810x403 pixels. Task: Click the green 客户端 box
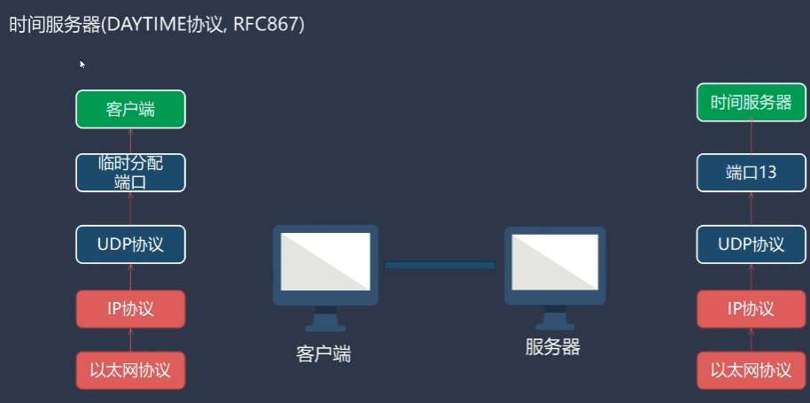(130, 109)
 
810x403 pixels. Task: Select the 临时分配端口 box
(130, 173)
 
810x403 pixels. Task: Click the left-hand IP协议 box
(130, 309)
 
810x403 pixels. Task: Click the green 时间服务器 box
(752, 102)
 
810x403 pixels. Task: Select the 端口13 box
(752, 173)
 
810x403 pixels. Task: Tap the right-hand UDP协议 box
(752, 244)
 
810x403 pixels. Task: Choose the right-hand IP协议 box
(752, 309)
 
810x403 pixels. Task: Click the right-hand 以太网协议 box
(752, 370)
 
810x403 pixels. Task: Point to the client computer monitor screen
(324, 261)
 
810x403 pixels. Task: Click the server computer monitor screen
(555, 261)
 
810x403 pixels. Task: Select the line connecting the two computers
(440, 265)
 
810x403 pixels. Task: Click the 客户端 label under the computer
(323, 354)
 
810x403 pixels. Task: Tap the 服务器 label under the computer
(552, 346)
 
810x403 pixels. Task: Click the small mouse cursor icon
(82, 64)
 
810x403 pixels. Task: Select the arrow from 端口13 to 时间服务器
(752, 137)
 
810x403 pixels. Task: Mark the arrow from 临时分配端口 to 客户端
(130, 140)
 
